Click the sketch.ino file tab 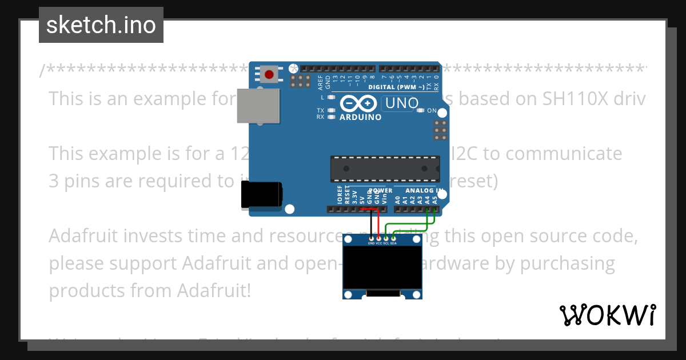[101, 25]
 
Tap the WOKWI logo [607, 315]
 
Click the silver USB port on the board [258, 106]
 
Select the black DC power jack [261, 194]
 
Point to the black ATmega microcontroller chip [385, 169]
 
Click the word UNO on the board [402, 103]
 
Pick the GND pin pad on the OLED [372, 237]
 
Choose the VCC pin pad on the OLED [378, 237]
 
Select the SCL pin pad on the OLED [386, 237]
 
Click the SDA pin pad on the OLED [393, 237]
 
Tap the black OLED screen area [382, 268]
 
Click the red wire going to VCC [378, 223]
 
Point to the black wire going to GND [371, 223]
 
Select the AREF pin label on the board [320, 83]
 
